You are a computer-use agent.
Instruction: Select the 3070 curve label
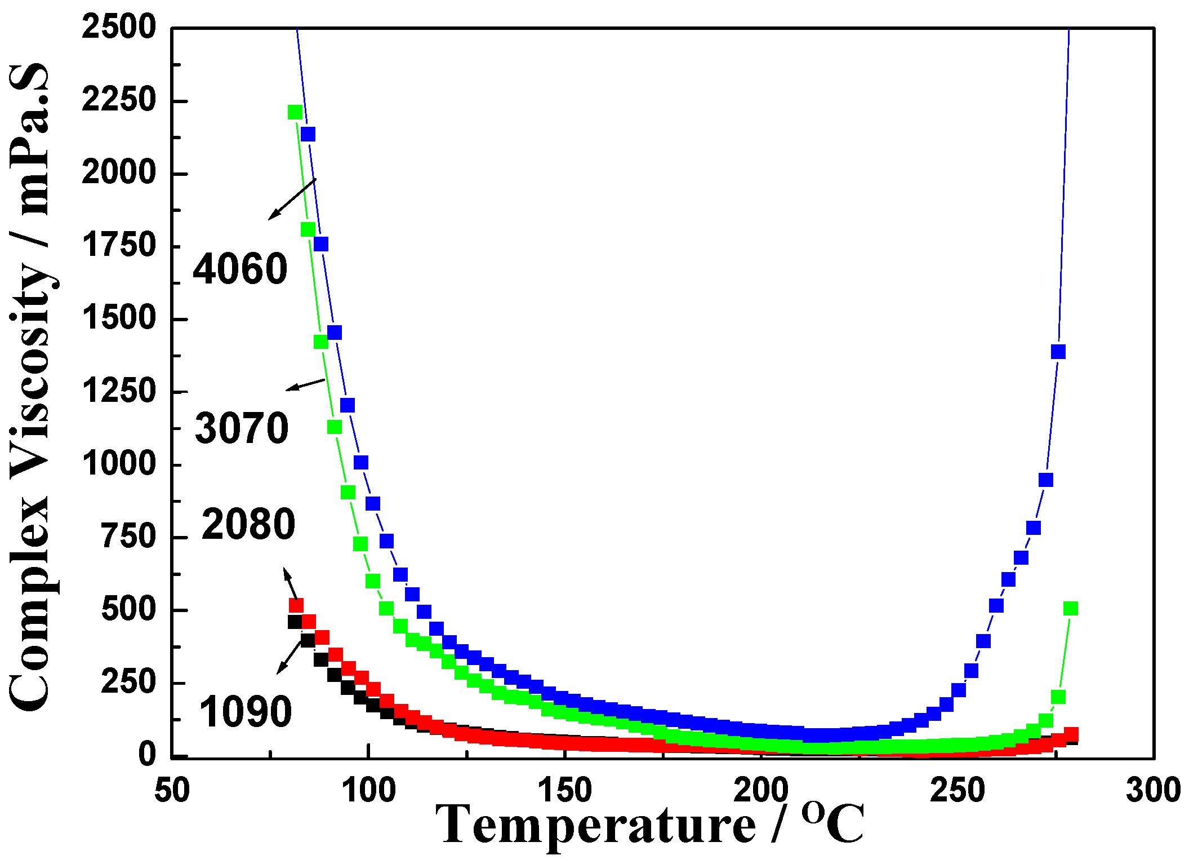click(x=242, y=428)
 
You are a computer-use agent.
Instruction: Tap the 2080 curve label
click(x=248, y=524)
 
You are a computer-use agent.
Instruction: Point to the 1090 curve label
click(x=246, y=711)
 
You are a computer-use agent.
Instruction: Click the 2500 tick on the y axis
click(x=118, y=26)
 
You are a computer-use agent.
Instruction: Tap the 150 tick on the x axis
click(x=565, y=790)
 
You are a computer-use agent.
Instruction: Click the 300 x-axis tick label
click(x=1153, y=790)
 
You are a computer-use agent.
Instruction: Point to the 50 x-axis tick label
click(x=172, y=790)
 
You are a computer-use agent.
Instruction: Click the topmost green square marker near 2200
click(x=295, y=112)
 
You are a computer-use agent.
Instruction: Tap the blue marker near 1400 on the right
click(x=1058, y=352)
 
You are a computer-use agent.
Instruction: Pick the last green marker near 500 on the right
click(x=1070, y=608)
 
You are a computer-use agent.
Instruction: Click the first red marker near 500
click(x=296, y=605)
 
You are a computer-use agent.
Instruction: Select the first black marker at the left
click(x=295, y=622)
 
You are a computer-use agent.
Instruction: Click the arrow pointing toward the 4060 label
click(x=292, y=199)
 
